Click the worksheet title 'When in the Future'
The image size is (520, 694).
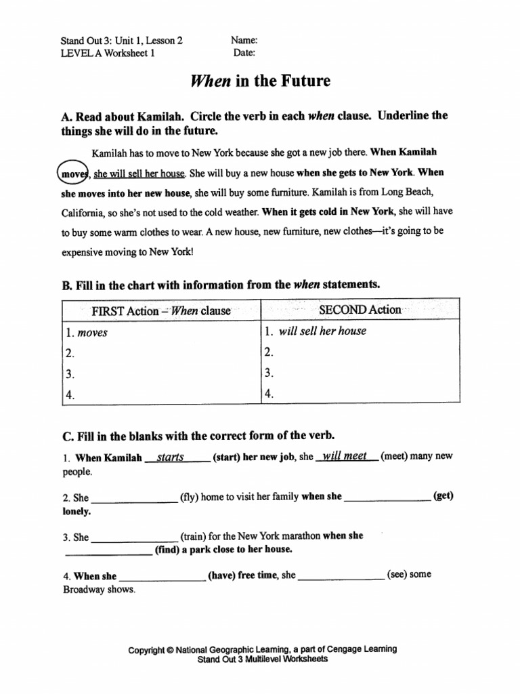click(x=261, y=81)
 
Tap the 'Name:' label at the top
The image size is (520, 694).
click(x=244, y=41)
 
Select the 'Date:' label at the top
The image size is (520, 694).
click(x=244, y=53)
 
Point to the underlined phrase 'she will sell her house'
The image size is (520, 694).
click(x=139, y=174)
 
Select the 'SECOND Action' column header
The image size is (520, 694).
click(x=360, y=310)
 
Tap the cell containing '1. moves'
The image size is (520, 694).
click(x=161, y=333)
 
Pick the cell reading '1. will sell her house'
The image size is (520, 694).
click(x=360, y=331)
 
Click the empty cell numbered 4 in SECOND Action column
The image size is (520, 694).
click(x=360, y=394)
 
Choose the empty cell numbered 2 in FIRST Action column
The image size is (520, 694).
click(x=161, y=353)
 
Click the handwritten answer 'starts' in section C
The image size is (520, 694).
click(x=171, y=457)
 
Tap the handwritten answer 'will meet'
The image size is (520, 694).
click(x=345, y=456)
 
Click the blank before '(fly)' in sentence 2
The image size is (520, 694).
click(x=134, y=499)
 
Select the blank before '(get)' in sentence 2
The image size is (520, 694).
click(x=388, y=498)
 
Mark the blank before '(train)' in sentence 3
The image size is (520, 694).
click(x=134, y=538)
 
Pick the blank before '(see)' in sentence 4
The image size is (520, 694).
click(x=341, y=577)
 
